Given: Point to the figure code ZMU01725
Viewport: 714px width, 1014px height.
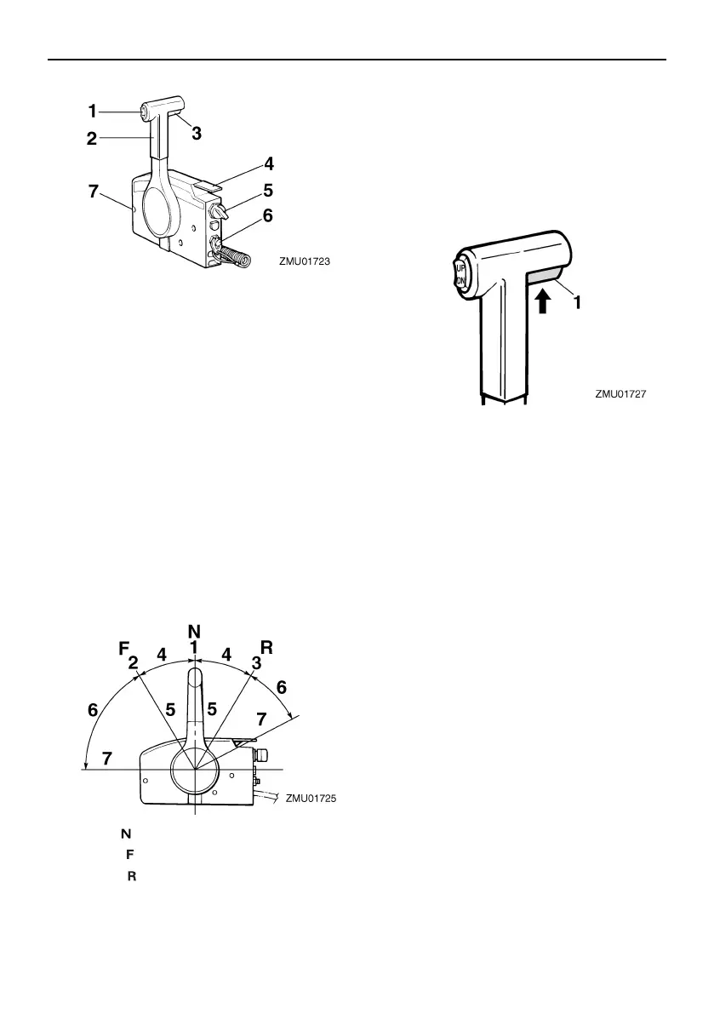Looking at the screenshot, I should coord(311,798).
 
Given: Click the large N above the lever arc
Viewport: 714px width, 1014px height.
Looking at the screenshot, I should coord(194,631).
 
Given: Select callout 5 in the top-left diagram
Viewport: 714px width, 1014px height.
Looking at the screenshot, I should coord(268,190).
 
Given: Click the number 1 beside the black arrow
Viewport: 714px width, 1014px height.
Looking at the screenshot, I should coord(578,301).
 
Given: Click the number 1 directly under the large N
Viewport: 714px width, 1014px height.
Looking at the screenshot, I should coord(194,648).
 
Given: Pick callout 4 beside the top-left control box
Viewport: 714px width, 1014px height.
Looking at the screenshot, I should coord(268,163).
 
